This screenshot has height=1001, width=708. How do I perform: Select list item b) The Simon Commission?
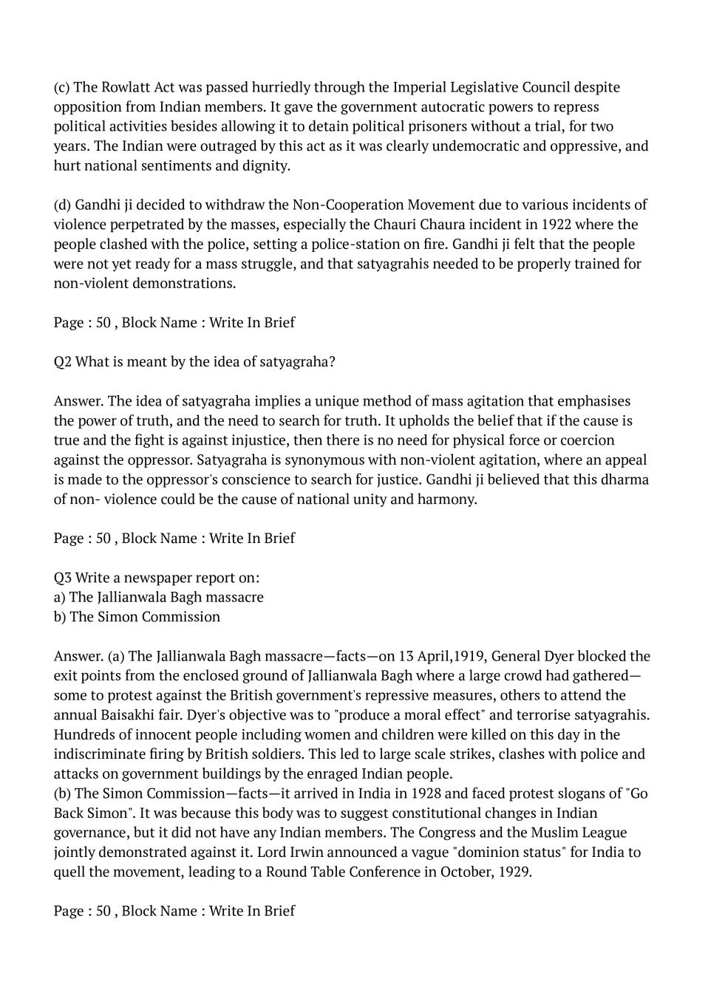pyautogui.click(x=137, y=616)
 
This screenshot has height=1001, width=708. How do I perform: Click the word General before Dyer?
pyautogui.click(x=516, y=656)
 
